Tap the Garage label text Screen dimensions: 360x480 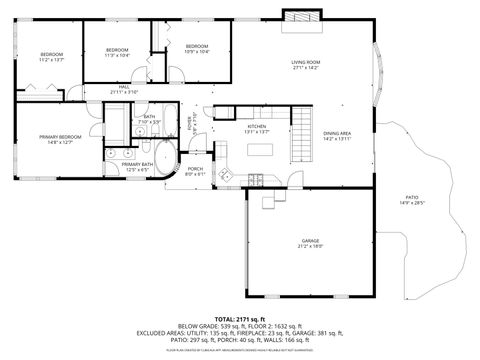(x=311, y=241)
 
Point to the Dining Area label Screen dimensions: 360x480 (x=336, y=133)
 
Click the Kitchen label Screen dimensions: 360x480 (x=257, y=126)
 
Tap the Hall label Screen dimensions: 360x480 (x=125, y=87)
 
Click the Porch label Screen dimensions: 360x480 (x=196, y=169)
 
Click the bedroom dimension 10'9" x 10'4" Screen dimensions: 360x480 (x=197, y=52)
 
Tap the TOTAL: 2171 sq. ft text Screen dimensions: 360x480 (x=241, y=318)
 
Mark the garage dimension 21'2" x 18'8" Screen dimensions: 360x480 (x=311, y=247)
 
